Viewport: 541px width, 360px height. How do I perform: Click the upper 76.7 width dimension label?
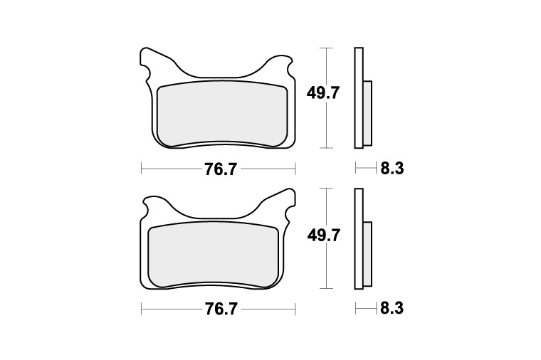[221, 169]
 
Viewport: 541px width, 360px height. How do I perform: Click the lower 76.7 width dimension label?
[221, 309]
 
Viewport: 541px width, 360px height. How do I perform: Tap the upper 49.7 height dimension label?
[323, 93]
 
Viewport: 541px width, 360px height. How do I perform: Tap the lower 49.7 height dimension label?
[323, 236]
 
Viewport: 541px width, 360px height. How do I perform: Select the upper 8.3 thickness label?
[392, 169]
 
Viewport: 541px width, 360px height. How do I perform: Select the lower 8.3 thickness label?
[392, 309]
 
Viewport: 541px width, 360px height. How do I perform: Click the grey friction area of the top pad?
[223, 113]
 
